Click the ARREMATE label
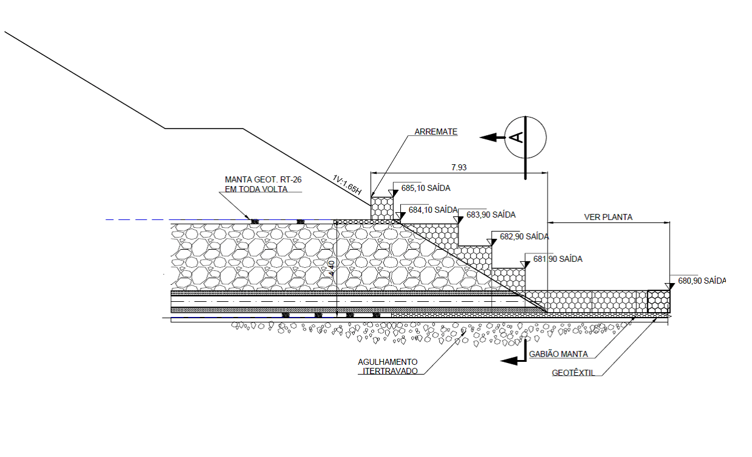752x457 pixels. click(x=435, y=132)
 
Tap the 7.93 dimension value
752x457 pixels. click(x=458, y=167)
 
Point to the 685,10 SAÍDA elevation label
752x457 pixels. click(x=426, y=188)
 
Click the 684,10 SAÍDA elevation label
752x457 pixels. click(x=432, y=210)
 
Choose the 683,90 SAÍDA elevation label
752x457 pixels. click(x=491, y=215)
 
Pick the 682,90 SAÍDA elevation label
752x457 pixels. click(x=525, y=236)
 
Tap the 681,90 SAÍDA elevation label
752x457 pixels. click(x=558, y=259)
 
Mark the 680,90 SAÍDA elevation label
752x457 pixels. click(x=702, y=281)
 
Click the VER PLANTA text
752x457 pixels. click(x=608, y=216)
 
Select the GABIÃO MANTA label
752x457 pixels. click(x=559, y=354)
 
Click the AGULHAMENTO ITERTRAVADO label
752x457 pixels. click(x=388, y=366)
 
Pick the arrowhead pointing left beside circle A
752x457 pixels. click(x=487, y=138)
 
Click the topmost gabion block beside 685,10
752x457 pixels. click(x=382, y=207)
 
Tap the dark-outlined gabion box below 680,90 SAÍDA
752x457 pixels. click(x=659, y=301)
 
